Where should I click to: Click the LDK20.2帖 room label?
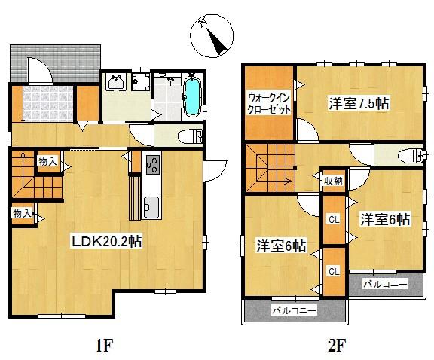point(108,242)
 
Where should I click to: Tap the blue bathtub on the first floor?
point(192,98)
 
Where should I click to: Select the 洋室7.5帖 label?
point(359,105)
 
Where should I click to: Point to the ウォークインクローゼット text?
point(268,102)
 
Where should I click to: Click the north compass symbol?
point(213,37)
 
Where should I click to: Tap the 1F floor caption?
point(103,346)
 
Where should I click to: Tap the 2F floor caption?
point(336,346)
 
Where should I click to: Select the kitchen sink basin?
point(151,205)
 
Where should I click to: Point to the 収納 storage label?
point(333,181)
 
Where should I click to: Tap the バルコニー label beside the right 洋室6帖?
point(385,285)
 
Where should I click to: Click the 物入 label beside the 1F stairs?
point(47,161)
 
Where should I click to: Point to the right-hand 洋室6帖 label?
point(384,220)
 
